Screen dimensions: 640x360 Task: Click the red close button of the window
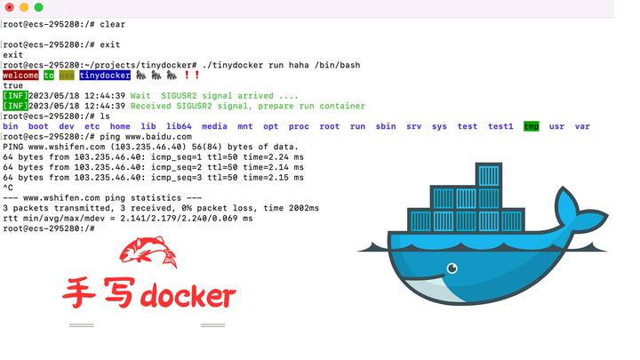point(9,7)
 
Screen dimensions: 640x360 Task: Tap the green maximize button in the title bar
point(38,7)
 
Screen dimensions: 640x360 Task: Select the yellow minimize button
point(23,7)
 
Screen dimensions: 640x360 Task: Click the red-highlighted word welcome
point(20,76)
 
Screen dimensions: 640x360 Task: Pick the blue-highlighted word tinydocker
point(105,76)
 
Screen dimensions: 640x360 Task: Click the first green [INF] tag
point(14,96)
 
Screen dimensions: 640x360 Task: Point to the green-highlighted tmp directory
point(532,126)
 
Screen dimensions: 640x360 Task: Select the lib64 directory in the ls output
point(179,126)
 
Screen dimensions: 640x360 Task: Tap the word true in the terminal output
point(13,86)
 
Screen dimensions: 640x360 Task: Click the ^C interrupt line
point(8,188)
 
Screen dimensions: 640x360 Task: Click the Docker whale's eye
point(452,268)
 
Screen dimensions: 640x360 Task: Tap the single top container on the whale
point(488,175)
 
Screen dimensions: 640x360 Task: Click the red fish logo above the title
point(148,252)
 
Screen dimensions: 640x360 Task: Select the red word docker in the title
point(188,296)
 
